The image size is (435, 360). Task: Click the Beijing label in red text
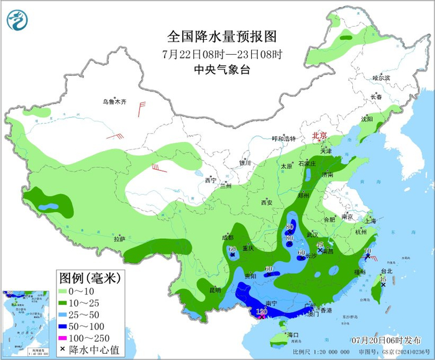319,135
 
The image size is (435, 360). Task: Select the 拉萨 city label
119,239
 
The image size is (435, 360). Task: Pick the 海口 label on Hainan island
293,335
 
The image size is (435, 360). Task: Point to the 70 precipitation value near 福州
367,251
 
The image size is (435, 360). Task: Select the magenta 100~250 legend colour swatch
65,321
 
